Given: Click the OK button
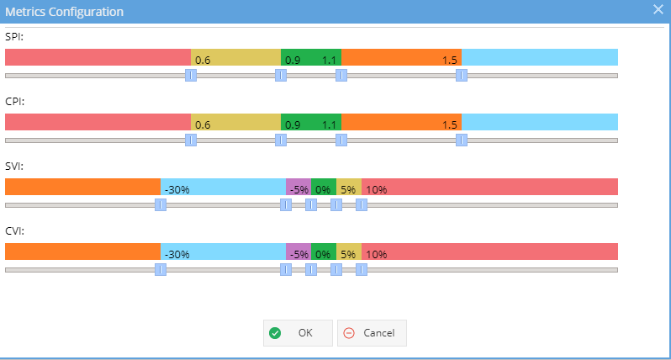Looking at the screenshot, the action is (x=298, y=332).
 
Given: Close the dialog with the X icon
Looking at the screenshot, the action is (x=658, y=9).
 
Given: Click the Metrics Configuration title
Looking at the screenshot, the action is (x=64, y=12).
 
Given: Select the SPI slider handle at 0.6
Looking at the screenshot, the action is (x=191, y=76).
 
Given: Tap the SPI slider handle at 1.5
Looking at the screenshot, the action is (x=462, y=76).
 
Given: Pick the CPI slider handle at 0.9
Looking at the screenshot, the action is (x=281, y=140).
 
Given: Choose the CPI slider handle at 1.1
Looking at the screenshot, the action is (x=341, y=140).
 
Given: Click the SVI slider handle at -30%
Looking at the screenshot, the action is (x=161, y=205).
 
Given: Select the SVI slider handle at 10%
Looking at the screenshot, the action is (x=362, y=205).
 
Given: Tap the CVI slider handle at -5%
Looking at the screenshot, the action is (x=286, y=270).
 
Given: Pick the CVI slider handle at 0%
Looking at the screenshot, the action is (x=311, y=270).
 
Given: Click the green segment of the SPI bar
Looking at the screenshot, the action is (x=311, y=57).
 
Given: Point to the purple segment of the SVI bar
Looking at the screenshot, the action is (x=299, y=187).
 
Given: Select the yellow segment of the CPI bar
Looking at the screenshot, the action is (x=235, y=122).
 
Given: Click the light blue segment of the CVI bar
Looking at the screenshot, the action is (x=223, y=251).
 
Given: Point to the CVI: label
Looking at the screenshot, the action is (x=14, y=231).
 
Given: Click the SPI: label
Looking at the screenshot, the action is (x=14, y=37).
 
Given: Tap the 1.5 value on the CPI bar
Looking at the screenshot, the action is (x=450, y=125).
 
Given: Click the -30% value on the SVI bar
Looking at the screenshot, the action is (x=177, y=189).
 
